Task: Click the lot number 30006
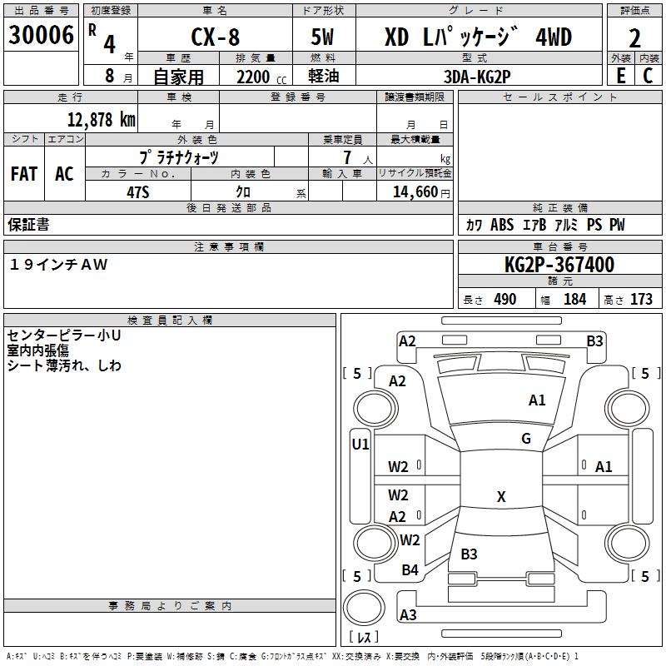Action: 41,35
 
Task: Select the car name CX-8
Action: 216,37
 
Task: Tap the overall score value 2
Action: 634,38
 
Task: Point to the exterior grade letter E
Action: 620,76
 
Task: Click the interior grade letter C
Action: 648,76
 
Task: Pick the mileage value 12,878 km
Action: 102,120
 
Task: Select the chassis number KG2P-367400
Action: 559,265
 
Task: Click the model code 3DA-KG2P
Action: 477,77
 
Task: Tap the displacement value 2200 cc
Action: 261,77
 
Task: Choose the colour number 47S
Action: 138,192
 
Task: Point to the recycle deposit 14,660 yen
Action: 421,192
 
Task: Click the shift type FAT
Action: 24,174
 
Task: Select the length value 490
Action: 505,299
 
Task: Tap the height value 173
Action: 641,299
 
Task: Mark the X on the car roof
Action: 501,496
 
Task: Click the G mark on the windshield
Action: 526,438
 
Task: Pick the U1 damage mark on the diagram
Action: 360,445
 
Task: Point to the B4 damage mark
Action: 410,569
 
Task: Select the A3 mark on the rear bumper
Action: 408,614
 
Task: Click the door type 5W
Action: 322,37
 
